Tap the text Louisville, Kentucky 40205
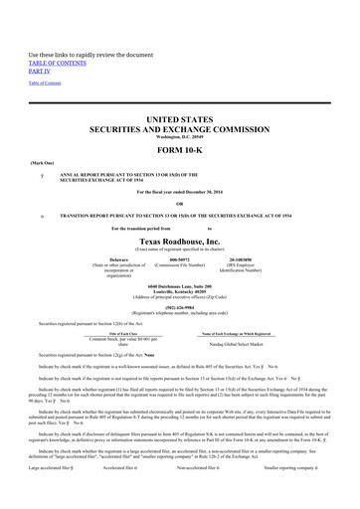[180, 278]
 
